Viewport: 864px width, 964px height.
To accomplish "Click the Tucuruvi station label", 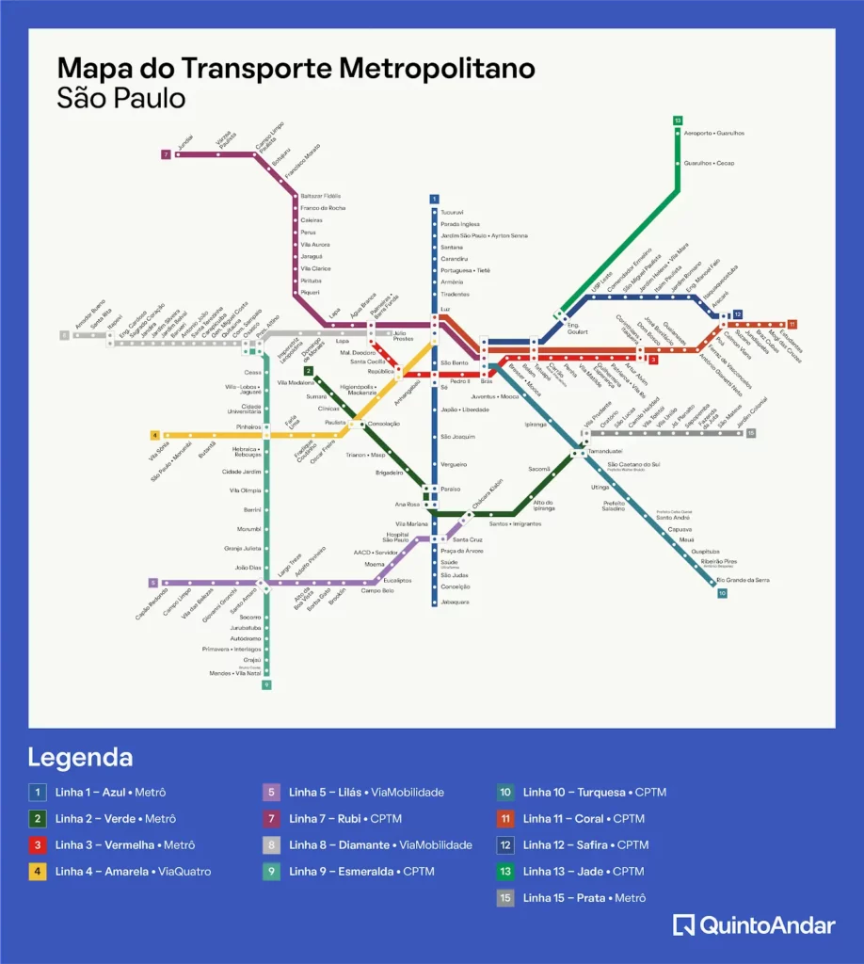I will click(454, 212).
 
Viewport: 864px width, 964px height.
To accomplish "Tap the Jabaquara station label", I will click(456, 602).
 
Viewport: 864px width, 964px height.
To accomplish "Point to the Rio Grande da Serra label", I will click(744, 580).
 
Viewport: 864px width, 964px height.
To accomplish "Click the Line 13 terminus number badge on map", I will click(678, 120).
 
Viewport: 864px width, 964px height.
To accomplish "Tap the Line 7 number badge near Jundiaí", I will click(166, 154).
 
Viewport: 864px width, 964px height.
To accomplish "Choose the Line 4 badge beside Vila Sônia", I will click(155, 435).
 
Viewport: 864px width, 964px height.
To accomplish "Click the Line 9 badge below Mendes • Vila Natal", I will click(266, 684).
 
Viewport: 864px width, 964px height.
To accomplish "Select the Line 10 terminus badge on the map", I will click(722, 593).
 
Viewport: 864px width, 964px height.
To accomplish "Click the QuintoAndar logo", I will click(754, 925).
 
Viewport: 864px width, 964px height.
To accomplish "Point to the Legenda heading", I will click(80, 758).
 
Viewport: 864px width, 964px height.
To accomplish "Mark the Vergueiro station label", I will click(454, 464).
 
